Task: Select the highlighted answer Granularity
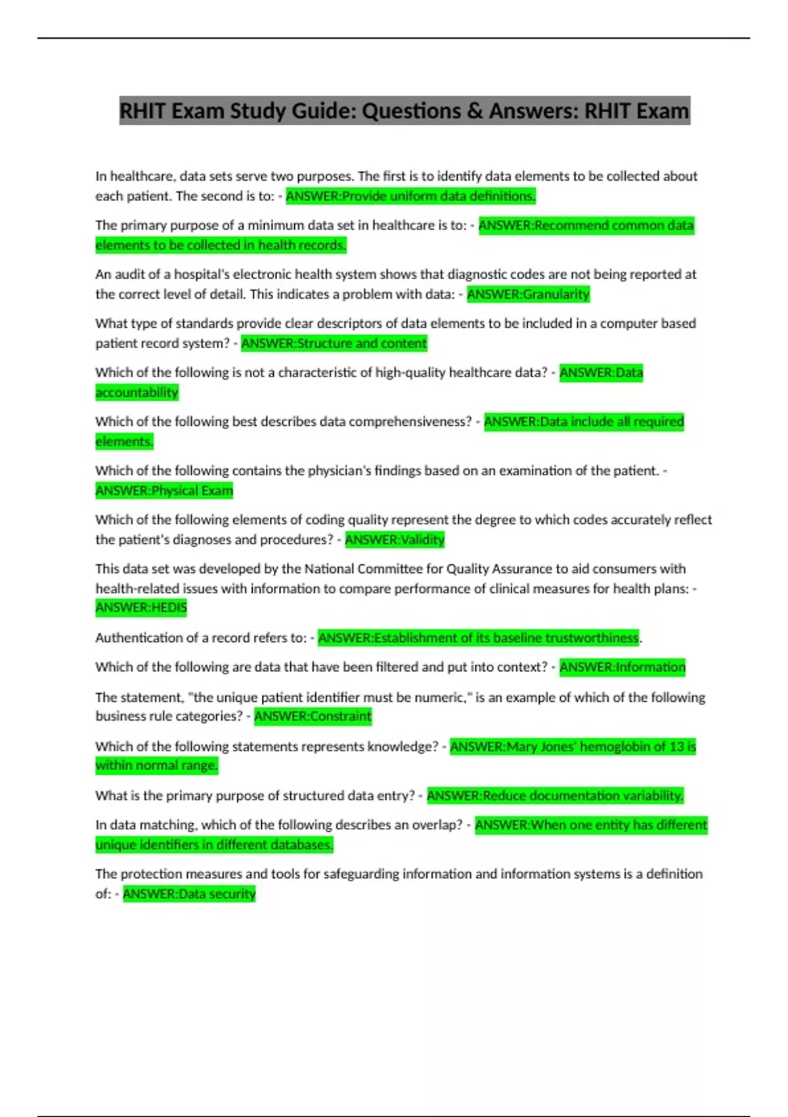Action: coord(529,294)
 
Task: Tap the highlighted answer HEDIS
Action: coord(141,608)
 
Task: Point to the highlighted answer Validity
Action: coord(395,539)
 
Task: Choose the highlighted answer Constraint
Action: coord(313,716)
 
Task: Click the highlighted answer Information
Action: coord(622,667)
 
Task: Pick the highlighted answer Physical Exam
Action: coord(164,491)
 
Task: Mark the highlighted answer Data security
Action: coord(189,894)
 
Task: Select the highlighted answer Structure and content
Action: coord(334,343)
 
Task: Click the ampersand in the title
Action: coord(475,111)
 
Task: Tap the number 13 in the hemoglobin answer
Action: coord(677,746)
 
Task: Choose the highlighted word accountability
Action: coord(137,392)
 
